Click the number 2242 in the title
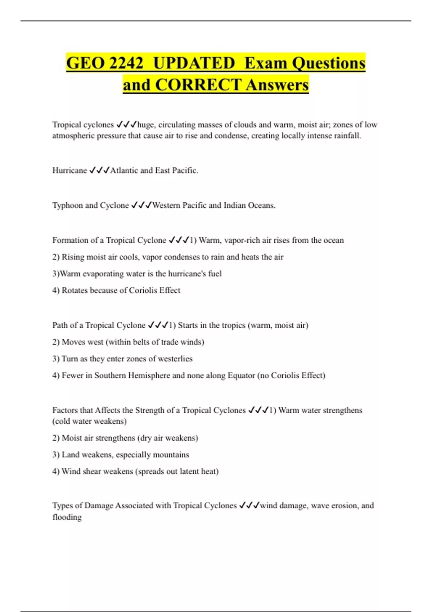[126, 63]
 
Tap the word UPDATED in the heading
[194, 63]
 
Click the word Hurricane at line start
[69, 170]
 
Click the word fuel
[215, 274]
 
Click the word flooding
[67, 517]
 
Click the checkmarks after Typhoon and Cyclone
[141, 205]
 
